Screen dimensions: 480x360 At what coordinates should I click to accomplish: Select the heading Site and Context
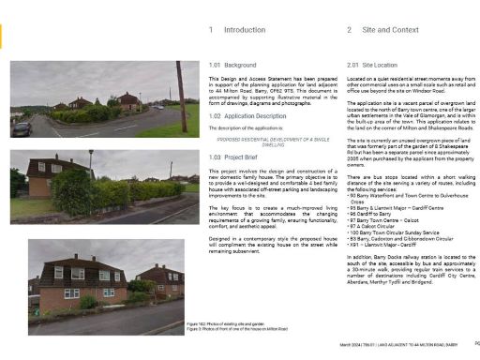(x=391, y=30)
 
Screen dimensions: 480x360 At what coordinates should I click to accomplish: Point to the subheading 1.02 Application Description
(x=248, y=116)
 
